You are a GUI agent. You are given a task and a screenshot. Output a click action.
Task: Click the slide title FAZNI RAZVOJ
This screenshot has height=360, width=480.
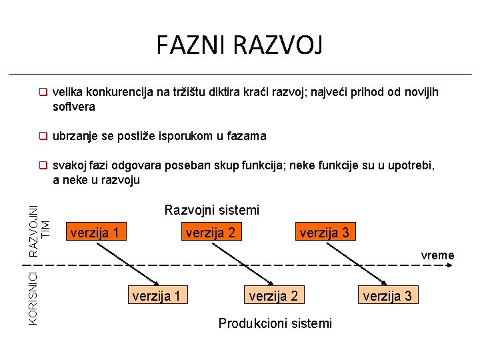click(239, 46)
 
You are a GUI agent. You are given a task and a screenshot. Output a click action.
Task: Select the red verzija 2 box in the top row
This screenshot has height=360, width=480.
click(210, 232)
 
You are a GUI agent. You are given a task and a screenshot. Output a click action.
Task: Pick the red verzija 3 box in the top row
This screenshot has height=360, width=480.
click(324, 232)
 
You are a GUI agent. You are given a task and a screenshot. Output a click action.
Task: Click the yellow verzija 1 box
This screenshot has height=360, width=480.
click(157, 295)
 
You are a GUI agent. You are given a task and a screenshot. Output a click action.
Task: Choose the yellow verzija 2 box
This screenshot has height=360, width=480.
click(273, 295)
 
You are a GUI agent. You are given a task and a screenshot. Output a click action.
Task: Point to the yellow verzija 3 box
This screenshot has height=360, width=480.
click(387, 295)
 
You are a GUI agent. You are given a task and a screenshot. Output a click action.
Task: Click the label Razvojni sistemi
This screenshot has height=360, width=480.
click(211, 210)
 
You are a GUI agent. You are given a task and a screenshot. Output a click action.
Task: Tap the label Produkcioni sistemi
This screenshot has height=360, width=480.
click(275, 323)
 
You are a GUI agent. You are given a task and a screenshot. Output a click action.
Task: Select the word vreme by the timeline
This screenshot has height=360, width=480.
click(437, 255)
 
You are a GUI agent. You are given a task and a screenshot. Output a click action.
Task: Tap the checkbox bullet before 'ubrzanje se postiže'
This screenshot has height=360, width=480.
click(42, 136)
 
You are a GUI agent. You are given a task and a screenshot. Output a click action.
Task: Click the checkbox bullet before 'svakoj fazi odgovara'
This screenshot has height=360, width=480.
click(42, 166)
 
